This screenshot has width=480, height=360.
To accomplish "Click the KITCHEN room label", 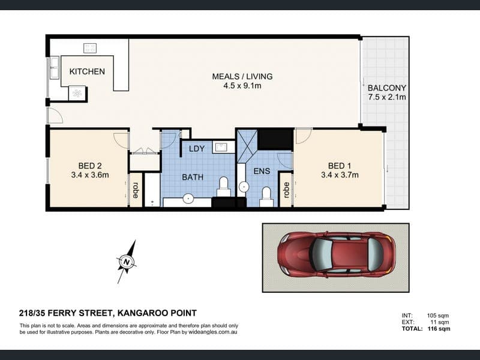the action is (x=87, y=71).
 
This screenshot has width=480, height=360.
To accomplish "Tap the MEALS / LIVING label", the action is (x=242, y=76).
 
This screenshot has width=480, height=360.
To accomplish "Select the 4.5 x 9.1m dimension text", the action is (x=242, y=86).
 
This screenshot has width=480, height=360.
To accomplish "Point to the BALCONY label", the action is (x=387, y=88).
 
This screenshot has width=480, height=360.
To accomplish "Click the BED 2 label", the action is (x=90, y=166).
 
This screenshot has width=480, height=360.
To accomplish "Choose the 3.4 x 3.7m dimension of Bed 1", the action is (x=340, y=175).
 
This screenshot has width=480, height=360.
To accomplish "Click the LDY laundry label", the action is (x=197, y=149).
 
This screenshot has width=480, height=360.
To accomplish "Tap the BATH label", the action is (x=193, y=177).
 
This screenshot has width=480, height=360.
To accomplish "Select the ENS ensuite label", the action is (x=262, y=171).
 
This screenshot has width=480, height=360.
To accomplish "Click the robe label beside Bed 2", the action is (x=136, y=190).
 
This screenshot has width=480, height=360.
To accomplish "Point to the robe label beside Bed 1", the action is (x=286, y=190).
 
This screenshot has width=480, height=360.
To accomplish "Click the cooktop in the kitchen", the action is (x=90, y=48).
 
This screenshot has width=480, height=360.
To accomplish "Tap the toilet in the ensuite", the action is (x=266, y=197).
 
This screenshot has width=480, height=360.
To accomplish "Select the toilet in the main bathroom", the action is (x=224, y=187).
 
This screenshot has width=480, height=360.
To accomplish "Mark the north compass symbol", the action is (x=127, y=262).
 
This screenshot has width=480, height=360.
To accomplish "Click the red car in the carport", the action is (x=336, y=254).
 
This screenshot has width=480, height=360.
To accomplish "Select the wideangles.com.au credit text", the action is (x=213, y=332).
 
